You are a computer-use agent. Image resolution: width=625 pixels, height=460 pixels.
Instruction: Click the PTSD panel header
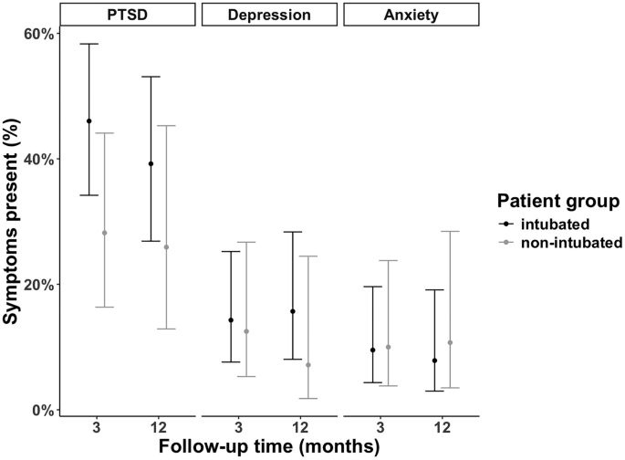click(127, 15)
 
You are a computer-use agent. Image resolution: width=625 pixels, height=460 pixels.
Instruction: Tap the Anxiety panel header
click(411, 15)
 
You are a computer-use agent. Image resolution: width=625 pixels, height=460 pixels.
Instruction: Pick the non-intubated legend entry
click(565, 243)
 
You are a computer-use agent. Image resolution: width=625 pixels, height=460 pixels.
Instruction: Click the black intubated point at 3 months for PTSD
click(89, 120)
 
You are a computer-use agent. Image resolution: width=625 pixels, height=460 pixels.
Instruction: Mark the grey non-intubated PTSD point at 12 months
click(166, 247)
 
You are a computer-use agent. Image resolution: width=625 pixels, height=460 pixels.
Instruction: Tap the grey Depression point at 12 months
click(307, 365)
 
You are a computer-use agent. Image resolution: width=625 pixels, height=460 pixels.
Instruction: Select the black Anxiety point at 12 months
click(434, 361)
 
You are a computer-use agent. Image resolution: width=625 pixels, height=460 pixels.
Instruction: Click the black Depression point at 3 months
click(231, 320)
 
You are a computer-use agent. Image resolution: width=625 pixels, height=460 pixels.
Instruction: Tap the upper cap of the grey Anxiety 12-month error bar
click(450, 232)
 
